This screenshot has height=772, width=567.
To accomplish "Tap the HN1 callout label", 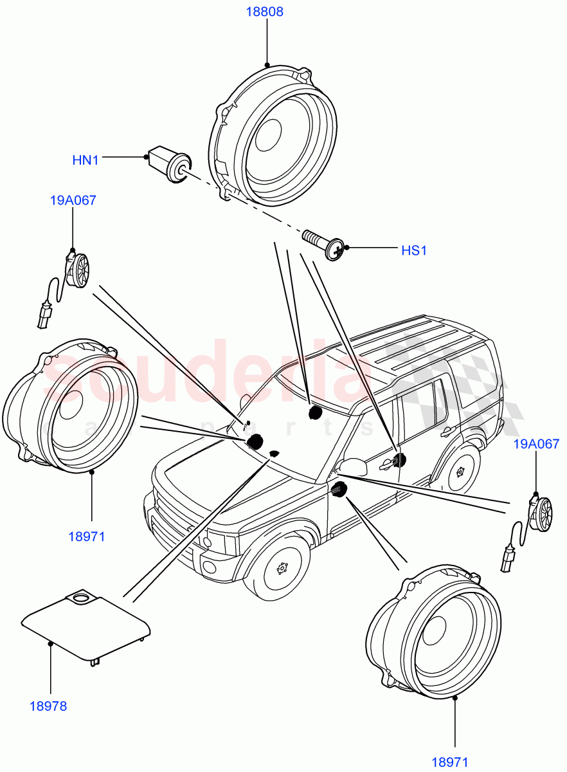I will coord(85,160).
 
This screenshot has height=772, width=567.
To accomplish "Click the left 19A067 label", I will coord(73,201).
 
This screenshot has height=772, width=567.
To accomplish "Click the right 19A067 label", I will coord(536,444).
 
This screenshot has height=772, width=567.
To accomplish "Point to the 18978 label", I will coord(48,706).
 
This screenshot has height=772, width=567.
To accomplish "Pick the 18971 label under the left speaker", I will coord(86,537).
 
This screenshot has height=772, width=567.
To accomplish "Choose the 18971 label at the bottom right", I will coord(449,762).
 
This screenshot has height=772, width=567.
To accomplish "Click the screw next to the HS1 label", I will coord(324,244).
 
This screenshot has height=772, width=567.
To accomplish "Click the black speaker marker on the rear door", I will coord(399,459).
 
